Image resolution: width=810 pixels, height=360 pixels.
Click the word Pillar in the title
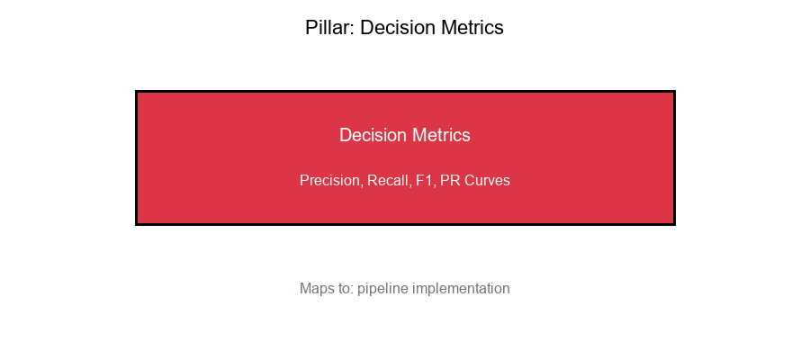click(x=328, y=28)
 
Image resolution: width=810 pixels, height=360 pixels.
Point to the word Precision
click(x=330, y=181)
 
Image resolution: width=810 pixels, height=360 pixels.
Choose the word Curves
click(x=487, y=181)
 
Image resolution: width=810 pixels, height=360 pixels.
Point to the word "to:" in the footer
click(x=346, y=289)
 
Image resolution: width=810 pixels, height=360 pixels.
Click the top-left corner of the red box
click(x=136, y=91)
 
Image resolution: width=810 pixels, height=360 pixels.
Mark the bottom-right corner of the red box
click(x=674, y=224)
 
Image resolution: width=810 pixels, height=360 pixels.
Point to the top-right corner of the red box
click(x=674, y=91)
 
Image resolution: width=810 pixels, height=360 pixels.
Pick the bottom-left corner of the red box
click(x=136, y=224)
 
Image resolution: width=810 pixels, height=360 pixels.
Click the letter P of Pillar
click(x=311, y=28)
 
